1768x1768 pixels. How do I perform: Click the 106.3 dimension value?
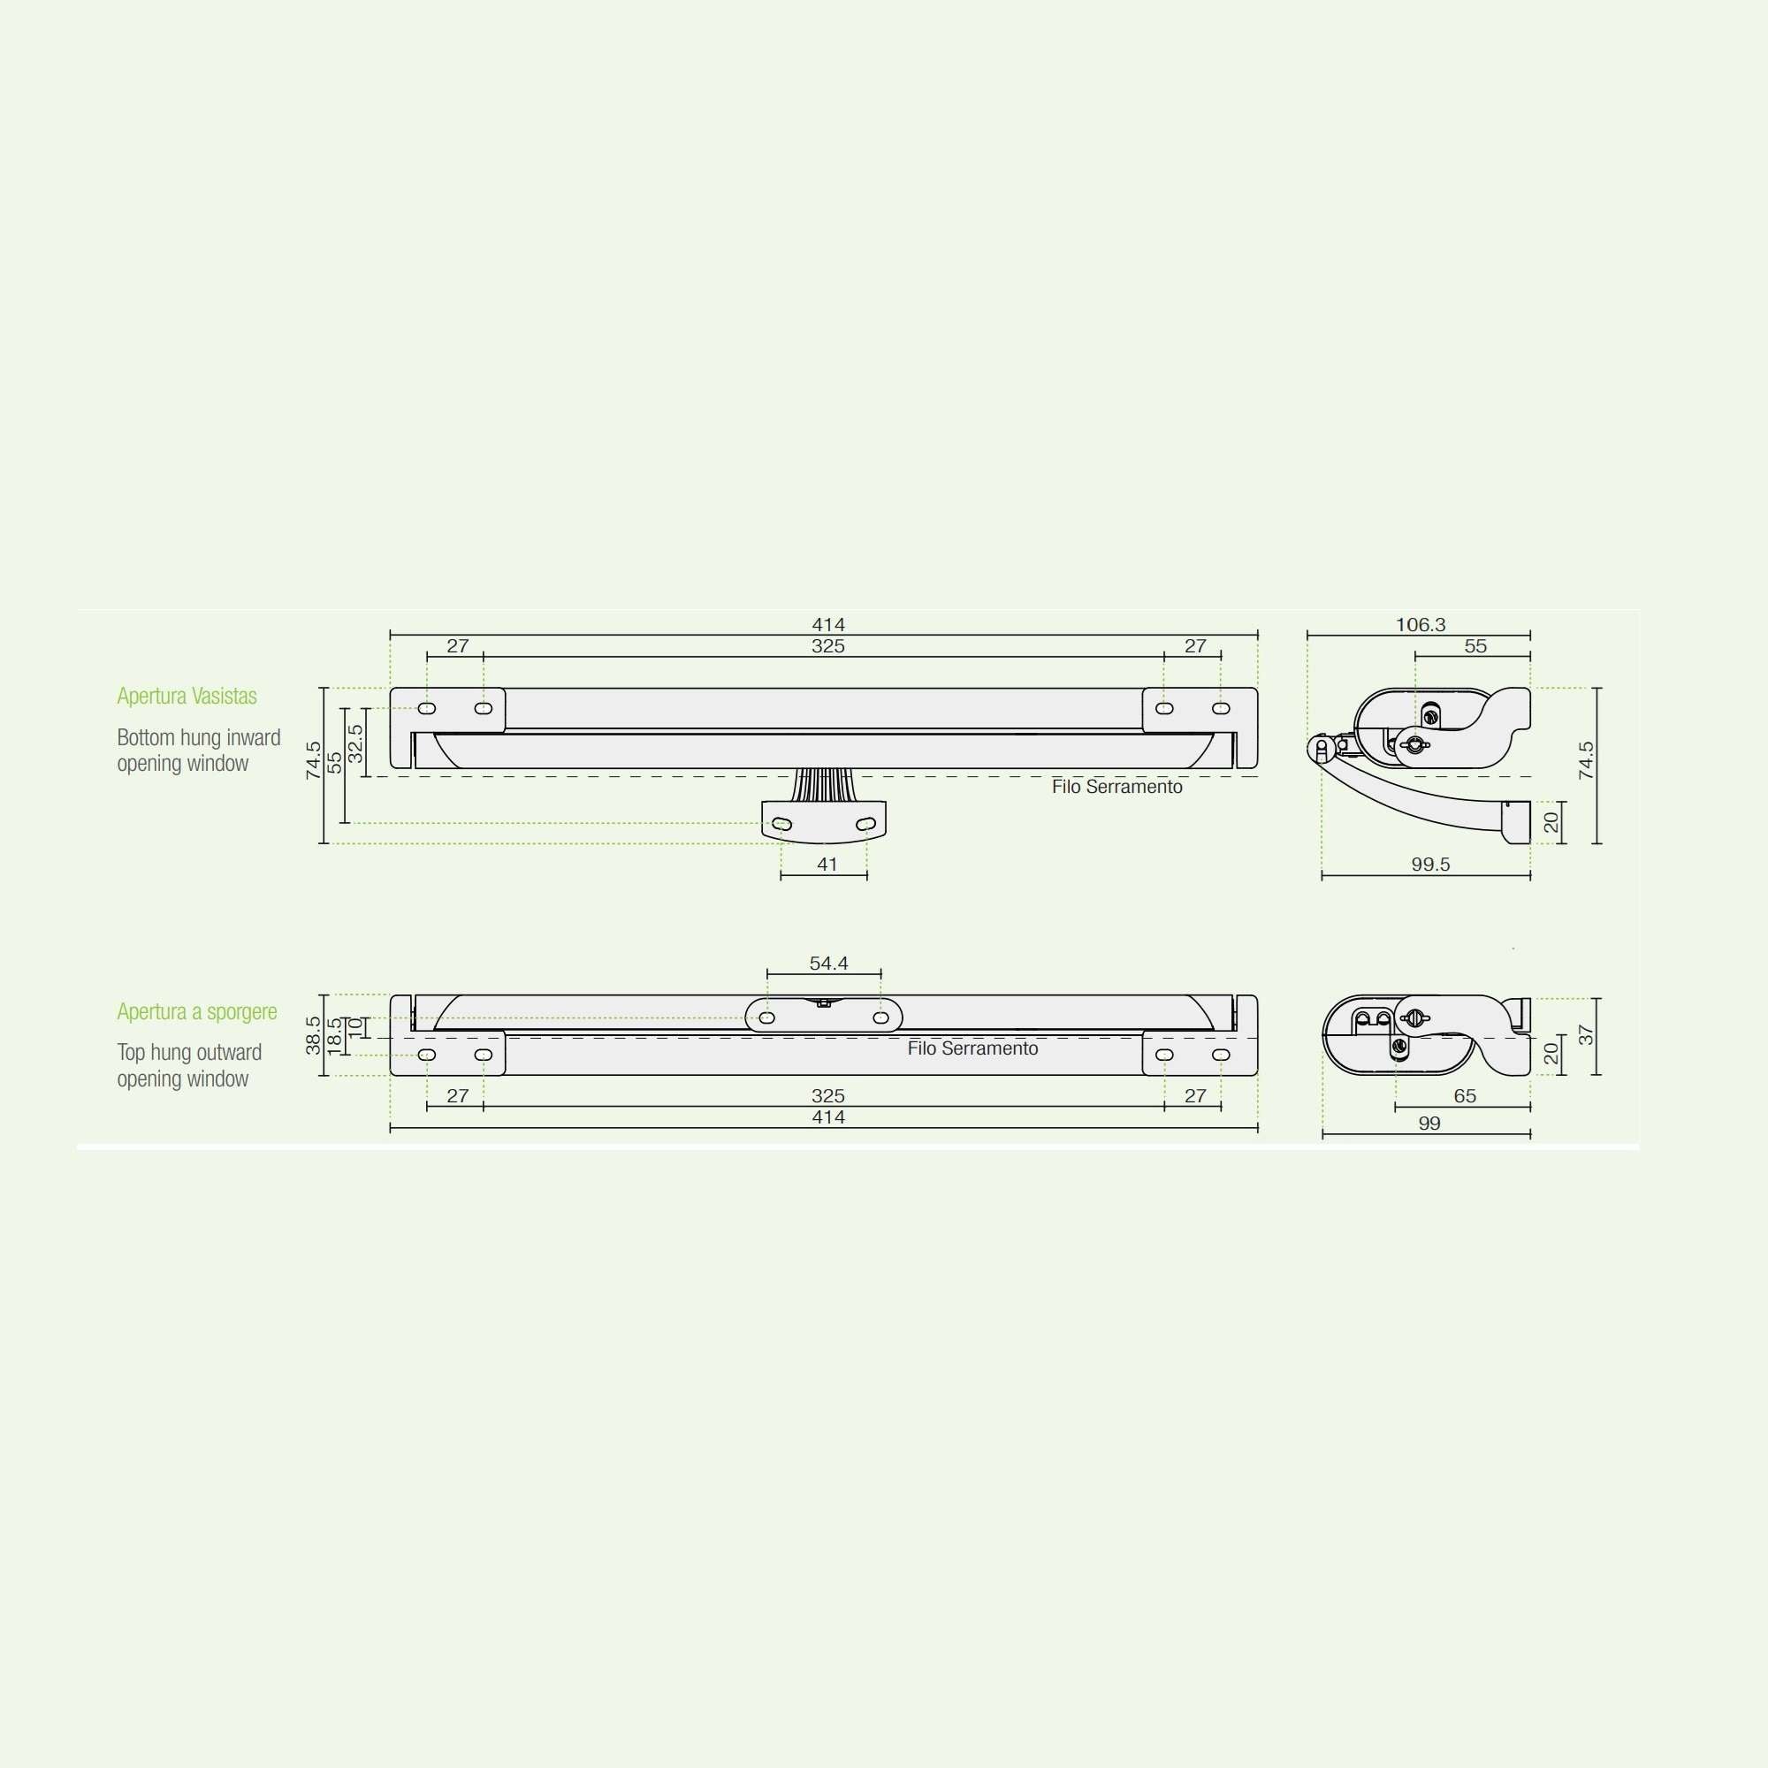pos(1421,625)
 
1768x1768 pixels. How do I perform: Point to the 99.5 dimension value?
pos(1430,865)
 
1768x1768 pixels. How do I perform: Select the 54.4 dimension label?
pos(828,964)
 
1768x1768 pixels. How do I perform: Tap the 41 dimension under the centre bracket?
pos(827,865)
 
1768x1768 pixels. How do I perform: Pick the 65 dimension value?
pos(1465,1096)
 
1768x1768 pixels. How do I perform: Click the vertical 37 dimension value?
pos(1586,1035)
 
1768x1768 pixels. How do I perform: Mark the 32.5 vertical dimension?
pos(355,743)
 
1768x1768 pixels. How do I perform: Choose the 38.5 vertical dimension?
pos(313,1035)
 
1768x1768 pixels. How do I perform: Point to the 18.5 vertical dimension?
pos(334,1035)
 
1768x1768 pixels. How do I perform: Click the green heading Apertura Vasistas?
pos(187,697)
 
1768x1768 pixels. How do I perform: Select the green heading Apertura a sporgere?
pos(197,1012)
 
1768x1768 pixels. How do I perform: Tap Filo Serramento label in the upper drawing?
pos(1116,787)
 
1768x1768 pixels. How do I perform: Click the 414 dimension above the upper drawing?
pos(828,625)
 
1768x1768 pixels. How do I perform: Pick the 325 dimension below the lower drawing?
pos(828,1096)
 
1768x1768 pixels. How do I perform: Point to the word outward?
pos(229,1054)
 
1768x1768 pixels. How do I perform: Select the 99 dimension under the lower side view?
pos(1429,1124)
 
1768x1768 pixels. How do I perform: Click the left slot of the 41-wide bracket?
pos(782,825)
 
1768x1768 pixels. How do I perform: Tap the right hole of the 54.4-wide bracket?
pos(880,1017)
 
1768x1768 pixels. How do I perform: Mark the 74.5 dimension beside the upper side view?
pos(1586,760)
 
